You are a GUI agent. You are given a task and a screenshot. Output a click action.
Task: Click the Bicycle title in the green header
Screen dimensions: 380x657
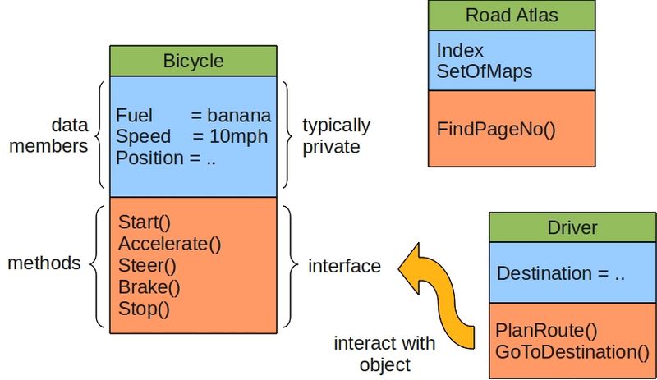coord(193,62)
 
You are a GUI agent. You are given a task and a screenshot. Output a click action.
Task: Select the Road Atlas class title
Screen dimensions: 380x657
coord(511,16)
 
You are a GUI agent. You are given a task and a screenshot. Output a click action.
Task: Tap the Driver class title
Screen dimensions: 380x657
coord(572,227)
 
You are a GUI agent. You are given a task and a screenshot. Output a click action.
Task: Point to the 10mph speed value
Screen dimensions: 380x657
coord(241,137)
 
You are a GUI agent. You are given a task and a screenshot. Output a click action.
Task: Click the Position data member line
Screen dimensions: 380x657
coord(166,158)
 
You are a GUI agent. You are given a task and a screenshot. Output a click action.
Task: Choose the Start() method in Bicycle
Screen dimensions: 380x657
coord(144,222)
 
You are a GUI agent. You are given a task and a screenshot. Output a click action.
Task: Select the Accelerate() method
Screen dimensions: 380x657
coord(170,244)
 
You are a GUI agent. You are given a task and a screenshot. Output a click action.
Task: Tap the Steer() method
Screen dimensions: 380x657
coord(148,266)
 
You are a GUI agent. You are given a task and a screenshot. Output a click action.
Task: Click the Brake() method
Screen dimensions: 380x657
coord(149,287)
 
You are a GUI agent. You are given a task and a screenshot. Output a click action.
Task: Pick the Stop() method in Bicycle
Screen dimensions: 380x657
coord(144,309)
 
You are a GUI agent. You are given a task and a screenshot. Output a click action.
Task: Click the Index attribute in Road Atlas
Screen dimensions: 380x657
coord(460,50)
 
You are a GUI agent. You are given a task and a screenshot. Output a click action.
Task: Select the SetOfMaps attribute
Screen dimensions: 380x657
coord(485,71)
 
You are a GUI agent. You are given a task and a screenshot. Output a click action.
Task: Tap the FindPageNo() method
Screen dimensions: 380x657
coord(496,129)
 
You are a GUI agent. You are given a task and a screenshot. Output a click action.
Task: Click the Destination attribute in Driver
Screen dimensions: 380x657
coord(561,274)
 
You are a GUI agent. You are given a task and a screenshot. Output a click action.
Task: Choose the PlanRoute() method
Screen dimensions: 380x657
coord(545,331)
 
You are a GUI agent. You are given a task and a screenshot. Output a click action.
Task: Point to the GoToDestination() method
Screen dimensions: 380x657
coord(572,352)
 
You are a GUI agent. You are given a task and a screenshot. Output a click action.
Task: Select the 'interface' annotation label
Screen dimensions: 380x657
coord(344,266)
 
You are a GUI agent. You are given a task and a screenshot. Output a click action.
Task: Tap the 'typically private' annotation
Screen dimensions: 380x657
coord(336,136)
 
